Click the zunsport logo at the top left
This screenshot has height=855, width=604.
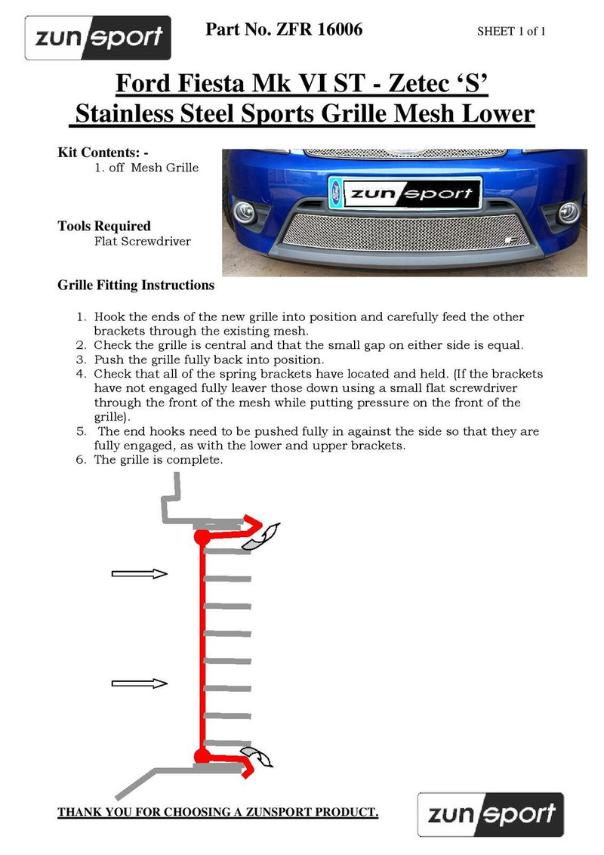tap(98, 38)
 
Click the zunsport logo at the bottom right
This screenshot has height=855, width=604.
tap(491, 814)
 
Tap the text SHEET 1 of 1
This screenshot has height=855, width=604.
tap(511, 31)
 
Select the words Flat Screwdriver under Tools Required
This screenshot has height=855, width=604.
tap(143, 242)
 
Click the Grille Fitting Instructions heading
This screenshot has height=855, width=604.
tap(136, 286)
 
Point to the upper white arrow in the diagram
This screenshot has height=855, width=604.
tap(139, 574)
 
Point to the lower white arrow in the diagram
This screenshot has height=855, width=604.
tap(139, 683)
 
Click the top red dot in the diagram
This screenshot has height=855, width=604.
tap(202, 537)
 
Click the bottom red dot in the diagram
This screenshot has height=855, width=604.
tap(202, 756)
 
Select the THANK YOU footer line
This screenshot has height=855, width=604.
tap(217, 813)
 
